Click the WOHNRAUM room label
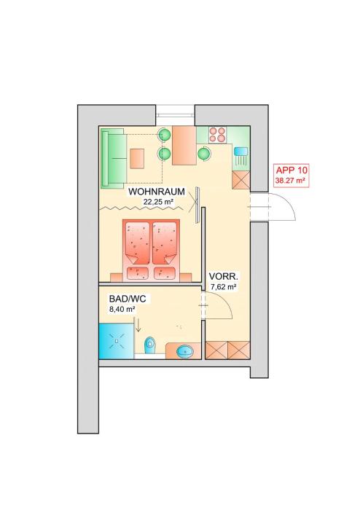coord(157,192)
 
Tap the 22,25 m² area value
coord(158,202)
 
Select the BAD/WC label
coord(128,299)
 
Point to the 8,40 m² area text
coord(122,309)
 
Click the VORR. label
coord(224,277)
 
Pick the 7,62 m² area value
coord(224,287)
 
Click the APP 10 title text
coord(291,170)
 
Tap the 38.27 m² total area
coord(291,181)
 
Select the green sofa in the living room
coord(114,158)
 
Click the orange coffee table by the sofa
coord(137,158)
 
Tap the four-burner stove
coord(217,135)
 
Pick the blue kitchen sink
coord(240,152)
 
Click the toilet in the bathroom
coord(150,345)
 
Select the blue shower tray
coord(117,341)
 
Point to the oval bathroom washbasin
coord(185,352)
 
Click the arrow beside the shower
coord(138,325)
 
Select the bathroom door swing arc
coord(224,302)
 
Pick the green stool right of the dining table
coord(204,153)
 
